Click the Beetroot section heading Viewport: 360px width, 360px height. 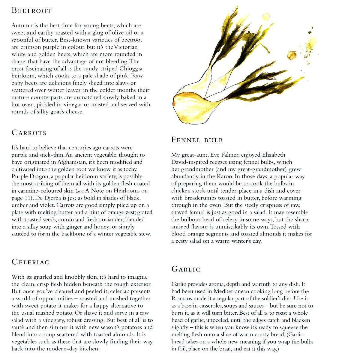point(31,11)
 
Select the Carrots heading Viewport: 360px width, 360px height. point(29,133)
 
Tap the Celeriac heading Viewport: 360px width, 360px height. point(30,262)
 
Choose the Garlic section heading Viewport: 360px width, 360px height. point(186,269)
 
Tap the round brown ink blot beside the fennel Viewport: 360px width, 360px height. point(291,55)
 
